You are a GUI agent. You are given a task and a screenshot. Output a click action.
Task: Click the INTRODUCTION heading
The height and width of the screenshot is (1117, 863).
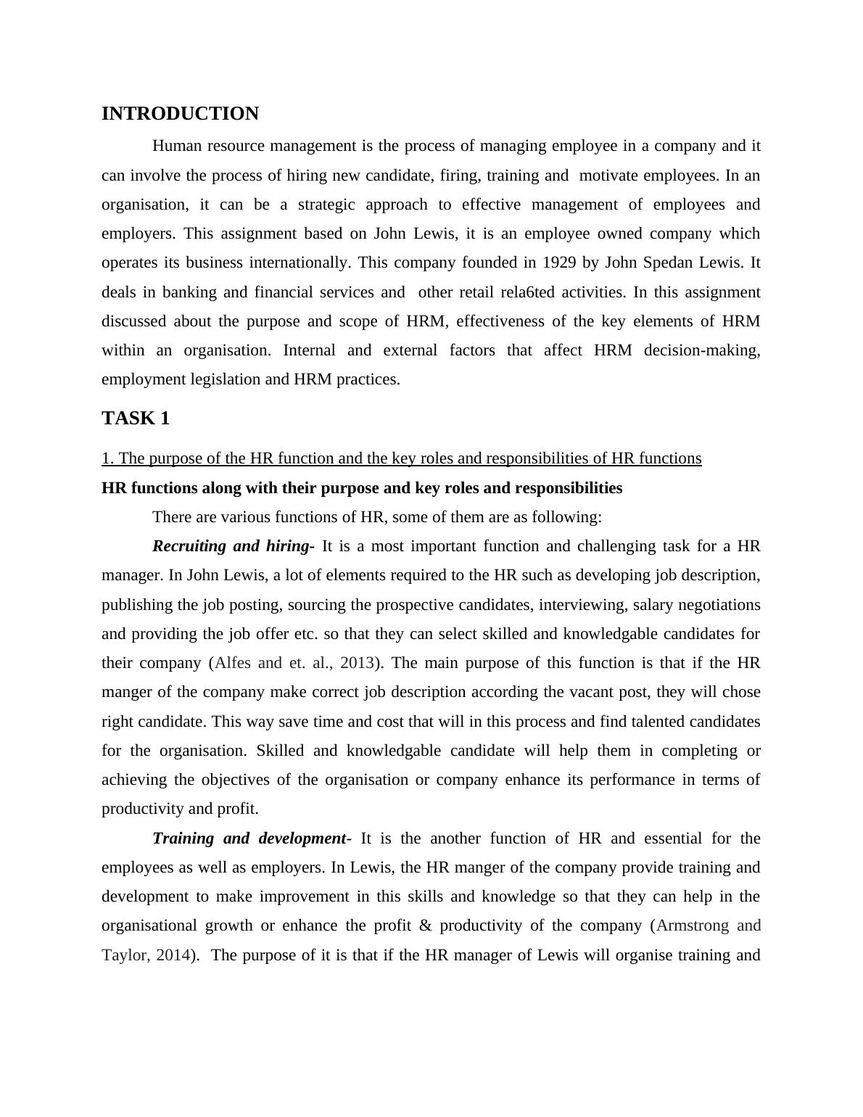pos(180,114)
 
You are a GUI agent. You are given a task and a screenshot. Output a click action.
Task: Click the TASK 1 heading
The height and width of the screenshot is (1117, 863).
pos(136,419)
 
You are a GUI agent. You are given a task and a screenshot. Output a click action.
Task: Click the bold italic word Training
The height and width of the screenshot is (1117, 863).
pos(183,838)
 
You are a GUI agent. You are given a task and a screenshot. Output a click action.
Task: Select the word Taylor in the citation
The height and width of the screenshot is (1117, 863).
pos(125,955)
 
